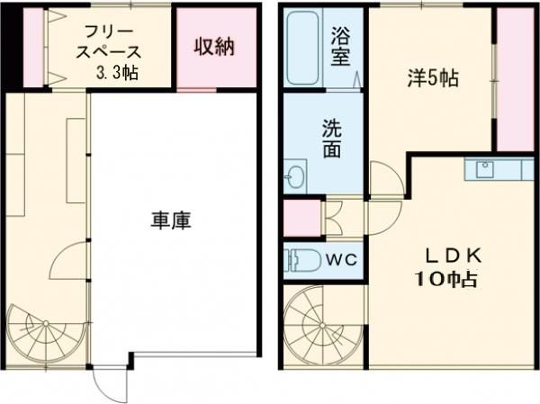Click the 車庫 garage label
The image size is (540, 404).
171,220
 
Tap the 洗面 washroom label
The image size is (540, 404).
332,139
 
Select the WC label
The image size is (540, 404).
340,260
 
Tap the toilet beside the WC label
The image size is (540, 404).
300,260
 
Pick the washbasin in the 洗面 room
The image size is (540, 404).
295,175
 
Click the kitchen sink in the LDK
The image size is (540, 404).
487,169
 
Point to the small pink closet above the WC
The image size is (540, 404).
301,218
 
